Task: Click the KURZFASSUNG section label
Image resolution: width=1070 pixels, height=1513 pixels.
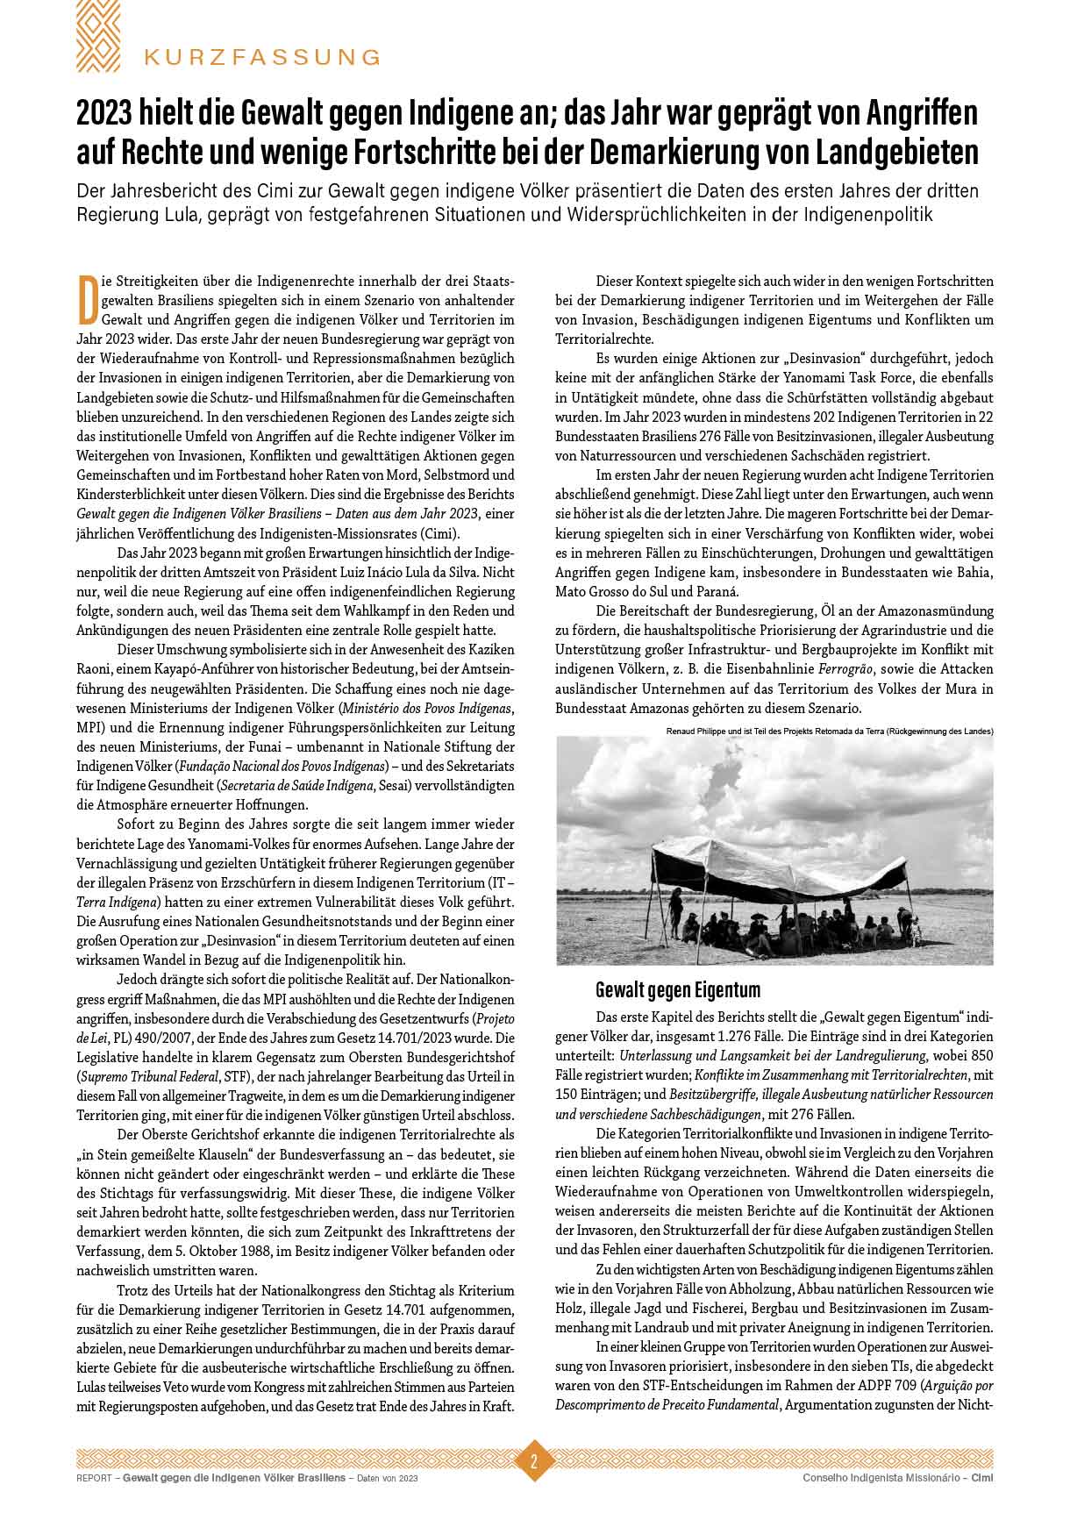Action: pyautogui.click(x=262, y=57)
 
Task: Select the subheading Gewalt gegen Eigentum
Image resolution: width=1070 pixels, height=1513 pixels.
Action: pyautogui.click(x=677, y=990)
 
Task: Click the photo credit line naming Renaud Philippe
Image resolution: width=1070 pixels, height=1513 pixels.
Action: pyautogui.click(x=829, y=731)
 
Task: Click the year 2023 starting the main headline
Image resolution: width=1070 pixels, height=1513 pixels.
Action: pyautogui.click(x=108, y=113)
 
